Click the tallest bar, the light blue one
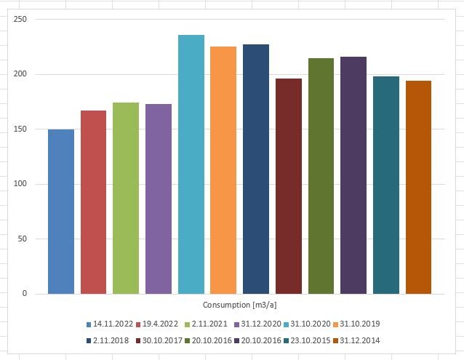pyautogui.click(x=191, y=164)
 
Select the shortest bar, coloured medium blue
pyautogui.click(x=61, y=212)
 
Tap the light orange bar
pyautogui.click(x=223, y=170)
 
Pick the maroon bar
pyautogui.click(x=289, y=186)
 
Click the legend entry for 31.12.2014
pyautogui.click(x=356, y=340)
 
